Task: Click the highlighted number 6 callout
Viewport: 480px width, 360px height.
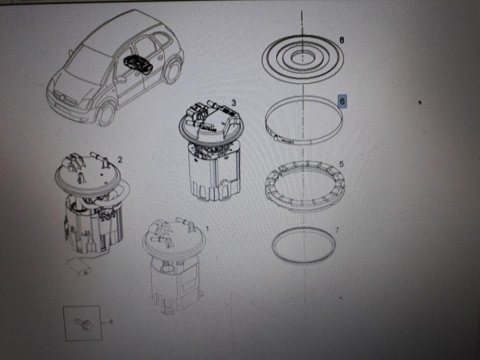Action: click(x=342, y=101)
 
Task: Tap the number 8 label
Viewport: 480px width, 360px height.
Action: click(x=341, y=40)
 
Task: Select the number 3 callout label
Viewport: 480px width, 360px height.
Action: click(x=234, y=102)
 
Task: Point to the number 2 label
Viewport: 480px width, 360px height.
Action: click(x=119, y=159)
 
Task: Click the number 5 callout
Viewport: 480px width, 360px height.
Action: click(x=341, y=164)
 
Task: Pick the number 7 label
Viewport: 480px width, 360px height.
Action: click(x=337, y=230)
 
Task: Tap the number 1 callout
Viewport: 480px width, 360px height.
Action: click(x=207, y=228)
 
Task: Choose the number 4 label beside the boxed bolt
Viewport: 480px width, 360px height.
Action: click(x=111, y=321)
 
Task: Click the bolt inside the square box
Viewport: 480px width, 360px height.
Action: click(x=83, y=323)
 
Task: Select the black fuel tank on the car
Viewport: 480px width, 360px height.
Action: click(x=138, y=65)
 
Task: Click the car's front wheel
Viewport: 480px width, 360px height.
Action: click(x=106, y=115)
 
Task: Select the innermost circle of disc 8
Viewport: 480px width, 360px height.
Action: click(x=302, y=58)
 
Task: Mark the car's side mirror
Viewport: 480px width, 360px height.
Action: click(x=121, y=79)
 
